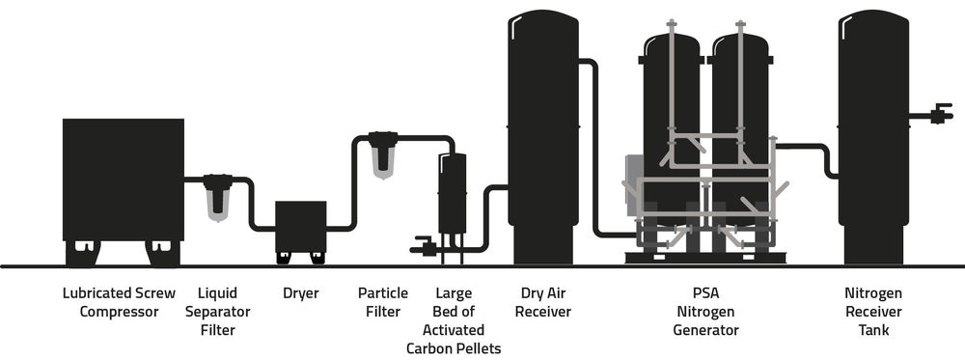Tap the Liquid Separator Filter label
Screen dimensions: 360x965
tap(223, 312)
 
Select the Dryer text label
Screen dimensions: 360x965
tap(300, 293)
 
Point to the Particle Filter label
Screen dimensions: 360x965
tap(383, 302)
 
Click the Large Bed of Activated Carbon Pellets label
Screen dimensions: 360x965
tap(454, 320)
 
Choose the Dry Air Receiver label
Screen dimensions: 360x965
tap(542, 302)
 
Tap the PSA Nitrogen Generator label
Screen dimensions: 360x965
tap(704, 312)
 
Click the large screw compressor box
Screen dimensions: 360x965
tap(123, 180)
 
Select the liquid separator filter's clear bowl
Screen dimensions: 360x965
tap(219, 202)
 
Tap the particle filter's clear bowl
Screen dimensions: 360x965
tap(383, 161)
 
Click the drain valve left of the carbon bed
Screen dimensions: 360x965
tap(423, 247)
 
